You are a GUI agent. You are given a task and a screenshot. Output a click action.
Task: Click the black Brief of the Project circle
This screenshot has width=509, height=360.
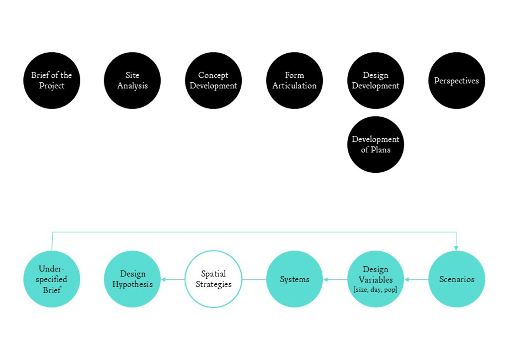52,80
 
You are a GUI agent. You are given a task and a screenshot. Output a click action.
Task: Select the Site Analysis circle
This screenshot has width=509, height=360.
132,80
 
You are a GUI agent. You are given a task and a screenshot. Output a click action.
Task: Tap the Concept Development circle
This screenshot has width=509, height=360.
213,80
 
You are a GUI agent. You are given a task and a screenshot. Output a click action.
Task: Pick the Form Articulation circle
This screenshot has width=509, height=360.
295,80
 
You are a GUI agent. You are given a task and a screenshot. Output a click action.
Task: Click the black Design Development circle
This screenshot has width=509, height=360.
376,80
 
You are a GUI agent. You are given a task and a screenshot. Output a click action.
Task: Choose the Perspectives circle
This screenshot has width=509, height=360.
457,80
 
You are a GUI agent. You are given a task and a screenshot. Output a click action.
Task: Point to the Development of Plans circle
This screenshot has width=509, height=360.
376,145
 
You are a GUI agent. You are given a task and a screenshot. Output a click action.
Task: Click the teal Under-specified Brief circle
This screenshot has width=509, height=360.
52,279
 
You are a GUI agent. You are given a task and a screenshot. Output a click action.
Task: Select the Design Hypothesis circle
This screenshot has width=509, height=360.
132,279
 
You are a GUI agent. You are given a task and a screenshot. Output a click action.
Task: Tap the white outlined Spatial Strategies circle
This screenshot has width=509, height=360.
213,279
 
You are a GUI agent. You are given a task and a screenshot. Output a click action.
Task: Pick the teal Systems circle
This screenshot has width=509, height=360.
295,279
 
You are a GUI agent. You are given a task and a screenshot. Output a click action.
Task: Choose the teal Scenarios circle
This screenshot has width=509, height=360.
457,279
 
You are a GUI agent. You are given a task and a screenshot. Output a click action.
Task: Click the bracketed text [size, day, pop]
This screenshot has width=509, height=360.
375,290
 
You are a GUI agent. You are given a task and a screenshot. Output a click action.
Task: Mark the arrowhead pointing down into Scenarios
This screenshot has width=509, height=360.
456,248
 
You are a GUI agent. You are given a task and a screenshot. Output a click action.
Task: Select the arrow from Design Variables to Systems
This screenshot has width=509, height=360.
335,280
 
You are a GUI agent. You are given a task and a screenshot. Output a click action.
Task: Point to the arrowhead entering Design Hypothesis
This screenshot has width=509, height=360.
163,280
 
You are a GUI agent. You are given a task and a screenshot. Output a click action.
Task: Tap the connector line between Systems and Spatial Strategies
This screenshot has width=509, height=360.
254,280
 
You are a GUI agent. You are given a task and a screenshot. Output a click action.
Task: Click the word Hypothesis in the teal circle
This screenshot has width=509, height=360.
132,284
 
